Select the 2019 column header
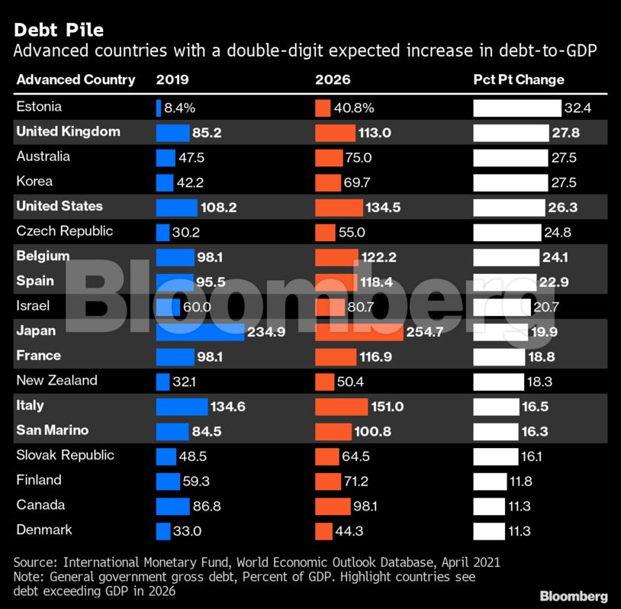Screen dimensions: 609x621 coord(172,79)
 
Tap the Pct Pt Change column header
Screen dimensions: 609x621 coord(519,79)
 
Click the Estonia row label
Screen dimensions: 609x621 coord(39,107)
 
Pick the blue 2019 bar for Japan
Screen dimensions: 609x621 coord(200,331)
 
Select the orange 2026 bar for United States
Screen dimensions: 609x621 coord(339,207)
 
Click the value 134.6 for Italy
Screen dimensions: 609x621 coord(228,406)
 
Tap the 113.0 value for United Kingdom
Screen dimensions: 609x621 coord(374,132)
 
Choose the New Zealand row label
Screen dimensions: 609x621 coord(56,380)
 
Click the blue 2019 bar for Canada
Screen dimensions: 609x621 coord(172,505)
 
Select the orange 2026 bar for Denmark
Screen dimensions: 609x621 coord(323,530)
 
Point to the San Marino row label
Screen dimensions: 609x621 coord(53,430)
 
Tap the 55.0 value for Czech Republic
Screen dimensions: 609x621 coord(352,232)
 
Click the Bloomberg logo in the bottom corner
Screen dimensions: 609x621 coord(574,595)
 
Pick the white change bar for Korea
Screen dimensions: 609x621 coord(509,182)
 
